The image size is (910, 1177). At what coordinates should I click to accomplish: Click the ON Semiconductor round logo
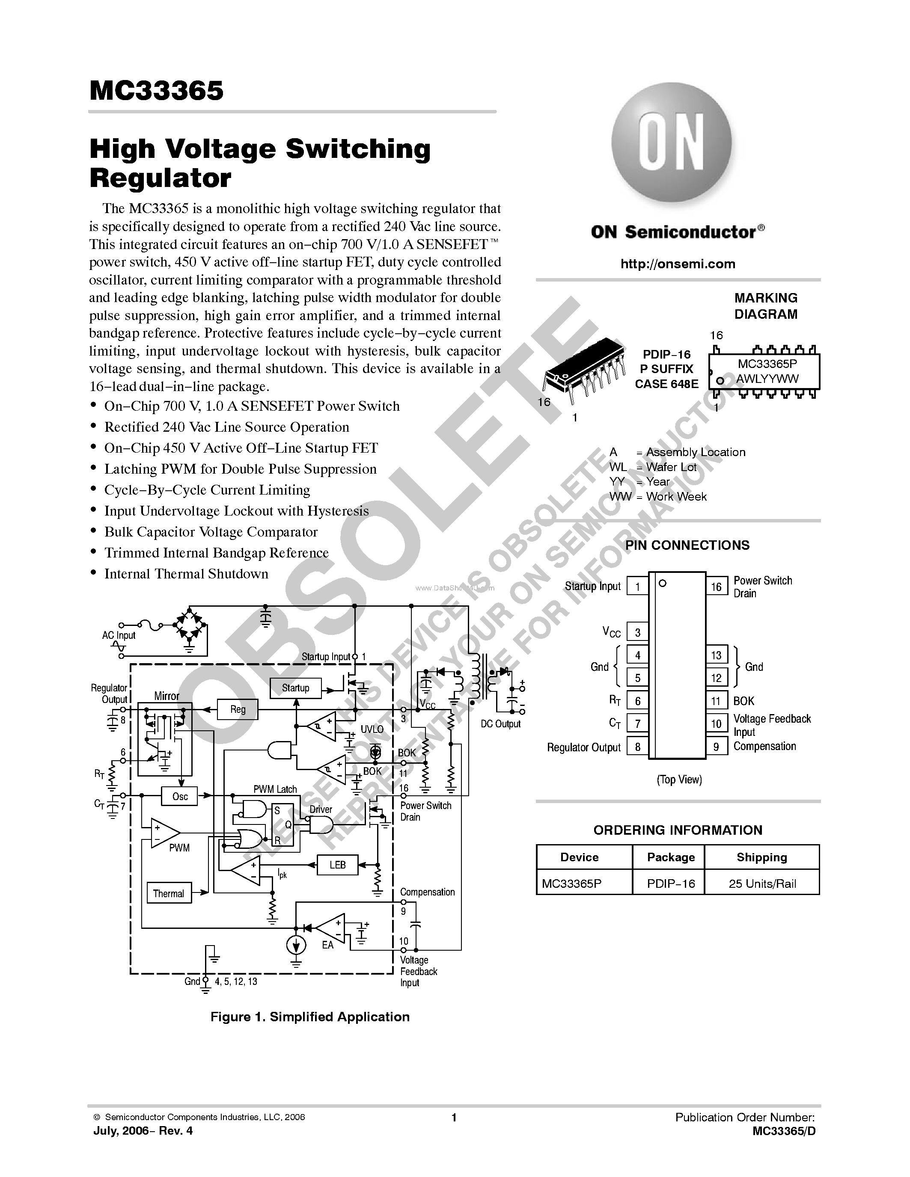pyautogui.click(x=671, y=142)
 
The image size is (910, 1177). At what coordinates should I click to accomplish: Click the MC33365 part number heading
pyautogui.click(x=156, y=91)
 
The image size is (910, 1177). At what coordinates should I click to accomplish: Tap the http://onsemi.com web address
pyautogui.click(x=678, y=264)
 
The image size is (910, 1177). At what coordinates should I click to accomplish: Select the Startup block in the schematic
pyautogui.click(x=295, y=688)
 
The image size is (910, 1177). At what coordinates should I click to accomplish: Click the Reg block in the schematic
pyautogui.click(x=238, y=709)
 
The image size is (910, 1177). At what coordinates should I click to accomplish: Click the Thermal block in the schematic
pyautogui.click(x=168, y=893)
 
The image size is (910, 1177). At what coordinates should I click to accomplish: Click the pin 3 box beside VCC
pyautogui.click(x=638, y=633)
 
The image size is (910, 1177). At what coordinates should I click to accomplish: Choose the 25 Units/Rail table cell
pyautogui.click(x=762, y=884)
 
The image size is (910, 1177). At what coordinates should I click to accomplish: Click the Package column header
pyautogui.click(x=671, y=857)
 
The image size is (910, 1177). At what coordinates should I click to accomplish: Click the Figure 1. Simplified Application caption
pyautogui.click(x=310, y=1017)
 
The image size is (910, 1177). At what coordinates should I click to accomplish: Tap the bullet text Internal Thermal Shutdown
pyautogui.click(x=186, y=574)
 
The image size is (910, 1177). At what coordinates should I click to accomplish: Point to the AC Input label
pyautogui.click(x=119, y=635)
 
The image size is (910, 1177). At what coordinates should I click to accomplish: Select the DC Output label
pyautogui.click(x=500, y=724)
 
